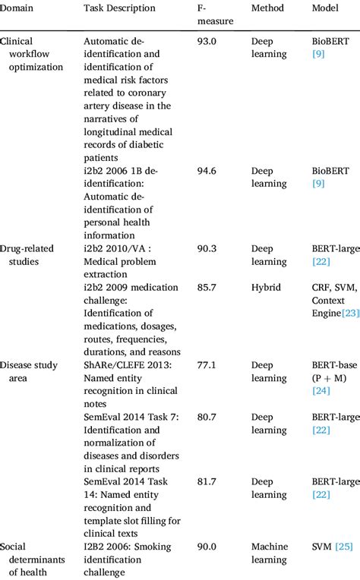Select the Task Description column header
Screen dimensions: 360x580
119,8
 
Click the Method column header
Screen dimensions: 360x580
267,8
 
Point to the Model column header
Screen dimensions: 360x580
326,8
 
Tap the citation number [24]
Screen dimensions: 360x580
322,392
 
